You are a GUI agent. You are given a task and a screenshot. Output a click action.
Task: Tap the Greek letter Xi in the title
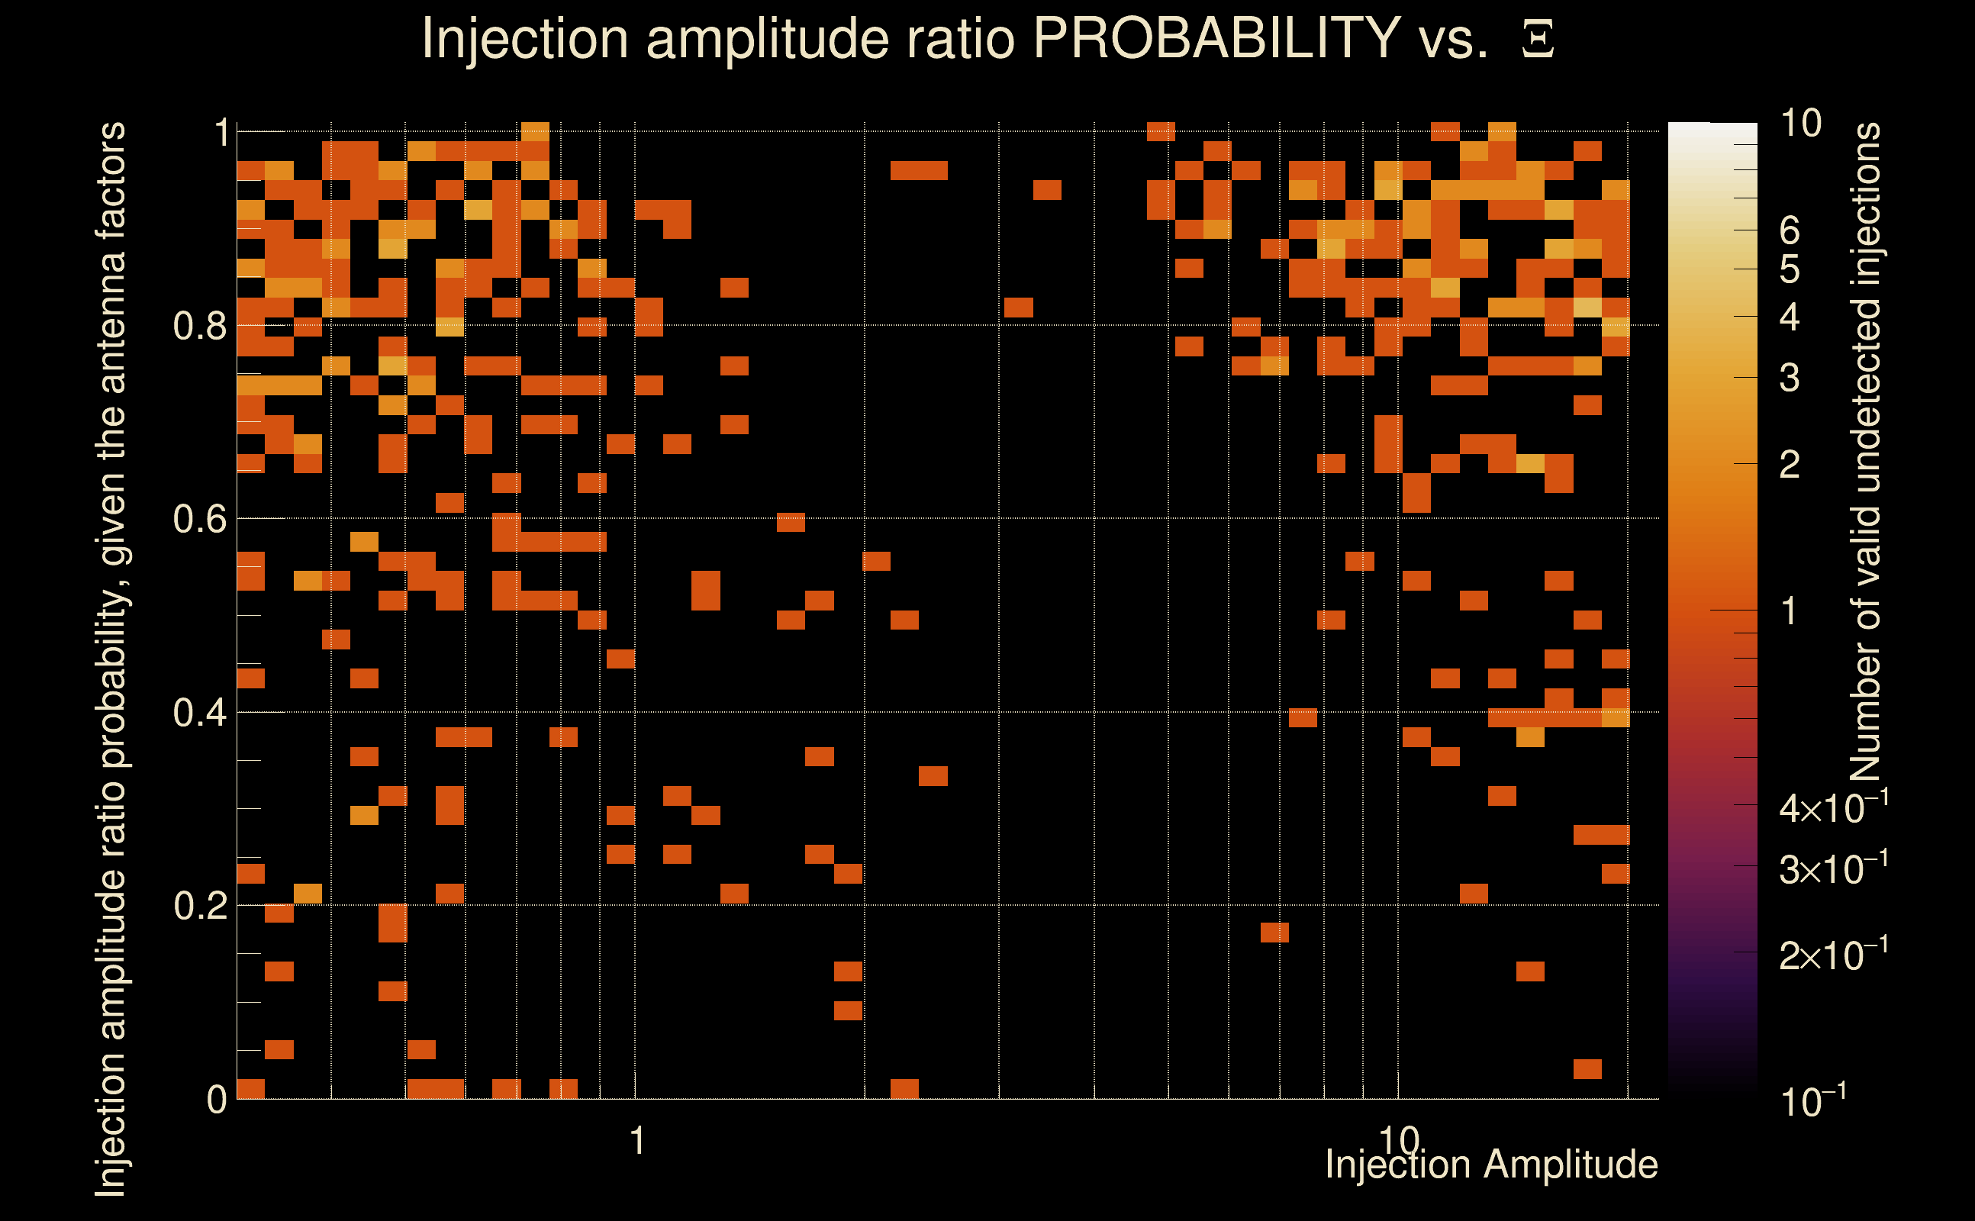(x=1538, y=40)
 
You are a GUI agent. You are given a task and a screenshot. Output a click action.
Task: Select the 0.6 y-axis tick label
(x=199, y=519)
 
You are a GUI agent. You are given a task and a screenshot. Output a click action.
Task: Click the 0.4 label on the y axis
(x=199, y=713)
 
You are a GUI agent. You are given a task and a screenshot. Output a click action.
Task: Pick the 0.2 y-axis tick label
(x=199, y=906)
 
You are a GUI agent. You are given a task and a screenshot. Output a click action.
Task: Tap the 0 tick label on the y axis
(x=217, y=1100)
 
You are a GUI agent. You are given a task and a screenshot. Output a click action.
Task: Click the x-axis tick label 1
(x=638, y=1141)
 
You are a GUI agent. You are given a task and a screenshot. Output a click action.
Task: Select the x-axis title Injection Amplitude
(x=1491, y=1165)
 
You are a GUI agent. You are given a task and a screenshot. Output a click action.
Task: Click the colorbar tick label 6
(x=1790, y=231)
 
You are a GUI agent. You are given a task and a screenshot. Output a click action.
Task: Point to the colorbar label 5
(x=1790, y=269)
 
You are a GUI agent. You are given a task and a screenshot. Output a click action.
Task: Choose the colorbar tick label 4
(x=1790, y=317)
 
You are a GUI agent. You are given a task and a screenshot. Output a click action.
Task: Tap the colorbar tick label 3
(x=1790, y=378)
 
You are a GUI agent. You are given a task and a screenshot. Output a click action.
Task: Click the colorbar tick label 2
(x=1790, y=464)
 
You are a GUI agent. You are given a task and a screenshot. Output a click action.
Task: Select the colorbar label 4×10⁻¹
(x=1833, y=807)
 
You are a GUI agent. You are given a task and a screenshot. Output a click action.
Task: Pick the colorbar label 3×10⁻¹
(x=1833, y=869)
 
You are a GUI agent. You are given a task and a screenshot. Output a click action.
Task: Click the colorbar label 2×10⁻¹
(x=1833, y=955)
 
